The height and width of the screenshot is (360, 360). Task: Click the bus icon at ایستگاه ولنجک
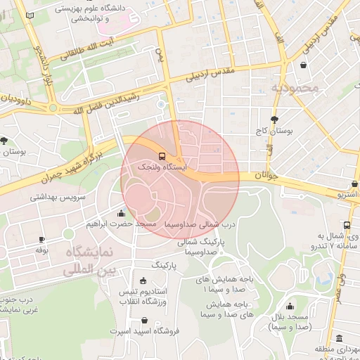click(x=162, y=156)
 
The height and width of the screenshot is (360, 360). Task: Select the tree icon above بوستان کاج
click(x=274, y=120)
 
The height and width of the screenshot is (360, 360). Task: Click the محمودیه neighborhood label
click(x=295, y=89)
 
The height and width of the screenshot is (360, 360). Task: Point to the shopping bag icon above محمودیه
click(x=303, y=65)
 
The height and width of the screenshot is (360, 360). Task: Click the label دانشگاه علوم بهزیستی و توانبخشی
click(x=103, y=13)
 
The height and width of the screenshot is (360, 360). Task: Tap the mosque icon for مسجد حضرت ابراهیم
click(x=122, y=213)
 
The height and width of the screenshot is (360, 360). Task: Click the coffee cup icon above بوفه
click(x=41, y=239)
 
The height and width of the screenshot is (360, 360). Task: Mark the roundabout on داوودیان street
click(x=53, y=108)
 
